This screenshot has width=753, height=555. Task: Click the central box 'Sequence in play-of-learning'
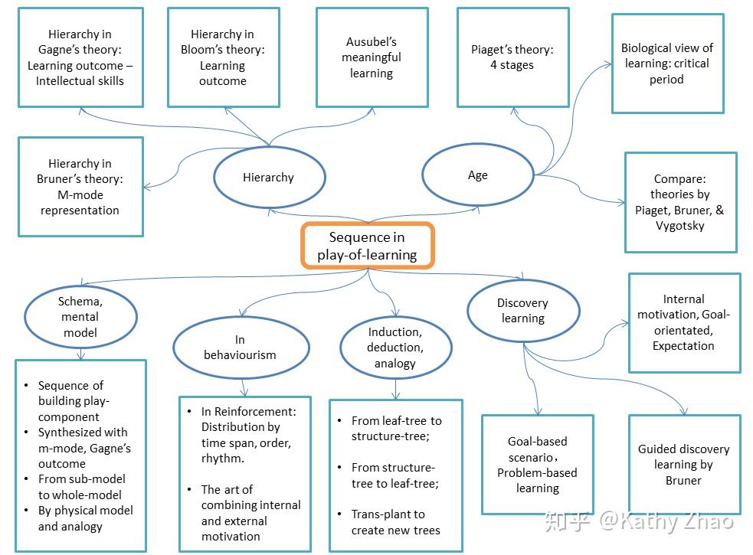tap(368, 246)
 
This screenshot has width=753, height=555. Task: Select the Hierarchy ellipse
tap(268, 178)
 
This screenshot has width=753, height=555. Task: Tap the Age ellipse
tap(477, 175)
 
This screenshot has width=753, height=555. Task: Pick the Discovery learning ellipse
tap(522, 311)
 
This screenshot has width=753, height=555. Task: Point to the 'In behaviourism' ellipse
tap(240, 347)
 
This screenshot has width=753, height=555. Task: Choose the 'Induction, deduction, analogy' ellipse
tap(395, 348)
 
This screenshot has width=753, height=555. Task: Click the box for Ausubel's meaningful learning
tap(371, 57)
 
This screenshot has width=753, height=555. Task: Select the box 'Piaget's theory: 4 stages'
tap(512, 57)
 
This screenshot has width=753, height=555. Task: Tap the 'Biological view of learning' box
tap(666, 64)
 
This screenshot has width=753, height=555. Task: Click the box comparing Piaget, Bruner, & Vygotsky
tap(679, 202)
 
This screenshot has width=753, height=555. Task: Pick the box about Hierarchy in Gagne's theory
tap(80, 57)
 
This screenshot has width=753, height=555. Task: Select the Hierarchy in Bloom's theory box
tap(222, 57)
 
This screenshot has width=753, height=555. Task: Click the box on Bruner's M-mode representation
tap(80, 187)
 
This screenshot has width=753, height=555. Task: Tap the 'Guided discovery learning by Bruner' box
tap(683, 464)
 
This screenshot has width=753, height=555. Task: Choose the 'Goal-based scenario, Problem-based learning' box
tap(537, 464)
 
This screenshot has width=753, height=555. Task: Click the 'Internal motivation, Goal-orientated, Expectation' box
tap(683, 322)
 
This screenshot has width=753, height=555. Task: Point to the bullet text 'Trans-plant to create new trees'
tap(395, 522)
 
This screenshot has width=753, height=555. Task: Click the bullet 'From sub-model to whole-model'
tap(80, 487)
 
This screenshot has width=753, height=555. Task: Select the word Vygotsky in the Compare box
tap(679, 226)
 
